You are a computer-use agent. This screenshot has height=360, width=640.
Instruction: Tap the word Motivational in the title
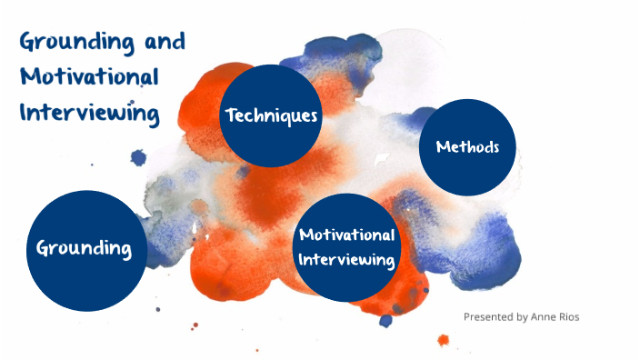point(89,77)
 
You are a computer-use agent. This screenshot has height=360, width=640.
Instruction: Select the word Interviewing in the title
point(89,113)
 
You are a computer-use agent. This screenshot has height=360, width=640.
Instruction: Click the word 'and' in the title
point(165,42)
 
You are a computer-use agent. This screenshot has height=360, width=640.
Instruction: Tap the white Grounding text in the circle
point(85,248)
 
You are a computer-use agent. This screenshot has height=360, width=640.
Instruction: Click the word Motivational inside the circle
point(347,235)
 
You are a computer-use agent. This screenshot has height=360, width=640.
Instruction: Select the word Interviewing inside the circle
point(347,260)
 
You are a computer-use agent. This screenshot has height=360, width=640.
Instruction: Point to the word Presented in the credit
point(486,317)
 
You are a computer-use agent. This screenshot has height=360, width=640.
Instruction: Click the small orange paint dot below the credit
point(443,340)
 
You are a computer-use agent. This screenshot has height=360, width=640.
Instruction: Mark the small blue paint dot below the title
point(138,157)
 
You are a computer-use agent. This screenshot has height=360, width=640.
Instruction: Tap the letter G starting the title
point(28,43)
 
